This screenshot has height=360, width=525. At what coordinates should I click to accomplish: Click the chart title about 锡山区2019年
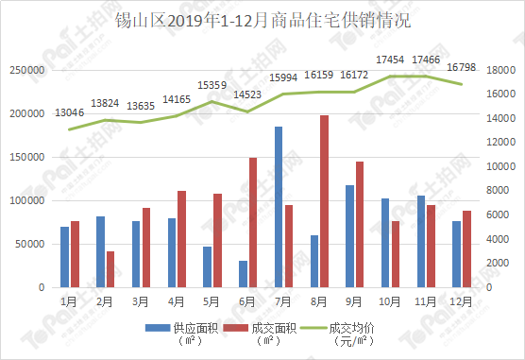point(262,21)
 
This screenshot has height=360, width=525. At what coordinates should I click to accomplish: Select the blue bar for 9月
point(349,236)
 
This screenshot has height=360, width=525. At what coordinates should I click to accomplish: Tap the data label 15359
point(211,85)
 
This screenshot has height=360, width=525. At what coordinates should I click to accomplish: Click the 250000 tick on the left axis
point(27,71)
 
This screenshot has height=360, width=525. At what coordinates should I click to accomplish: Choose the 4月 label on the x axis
point(176,301)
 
